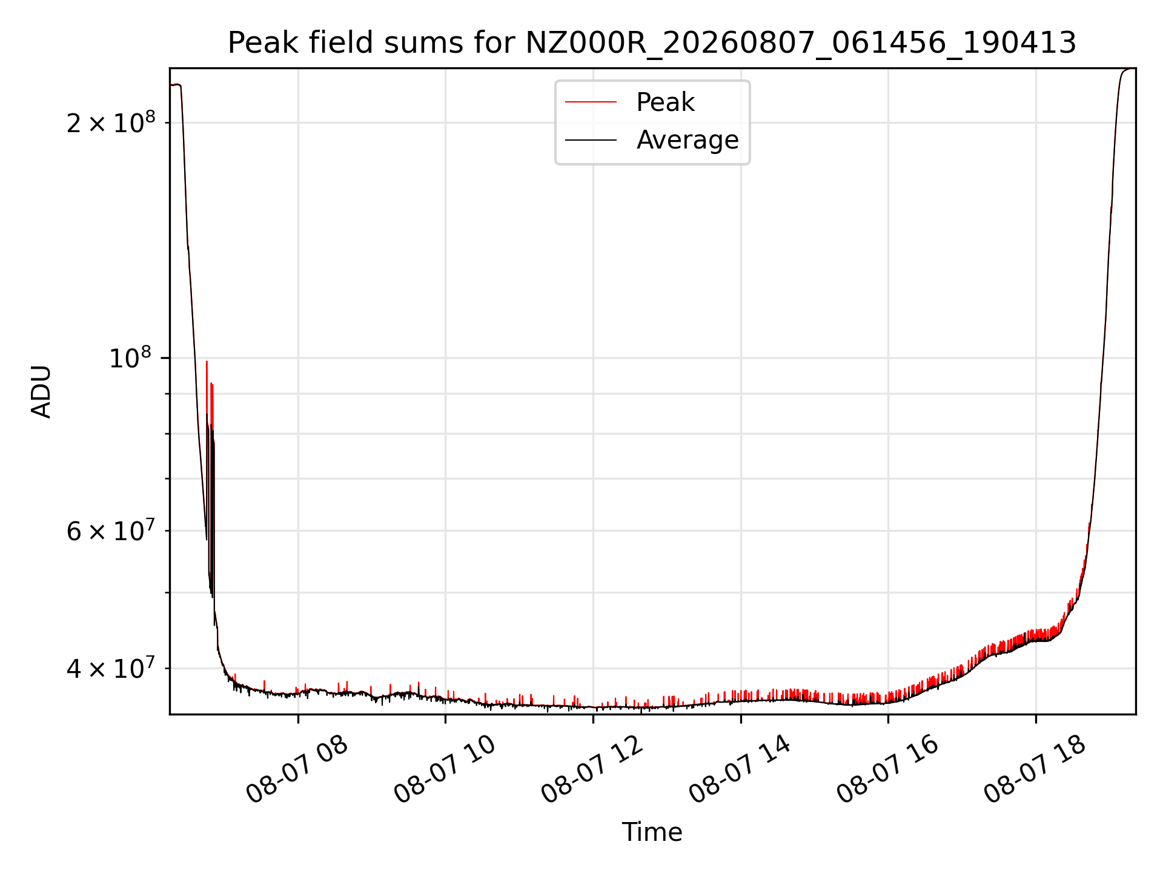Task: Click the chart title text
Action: tap(652, 43)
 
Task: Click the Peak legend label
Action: tap(665, 102)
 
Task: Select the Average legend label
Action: tap(688, 140)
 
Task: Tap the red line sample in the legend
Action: tap(591, 102)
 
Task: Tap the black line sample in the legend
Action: tap(591, 140)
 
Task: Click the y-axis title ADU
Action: tap(41, 391)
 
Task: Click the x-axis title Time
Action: tap(652, 832)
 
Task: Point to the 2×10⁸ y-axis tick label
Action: tap(111, 122)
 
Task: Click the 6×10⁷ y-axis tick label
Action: tap(111, 531)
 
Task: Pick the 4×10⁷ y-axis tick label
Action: tap(111, 669)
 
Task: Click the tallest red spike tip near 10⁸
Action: tap(207, 361)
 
